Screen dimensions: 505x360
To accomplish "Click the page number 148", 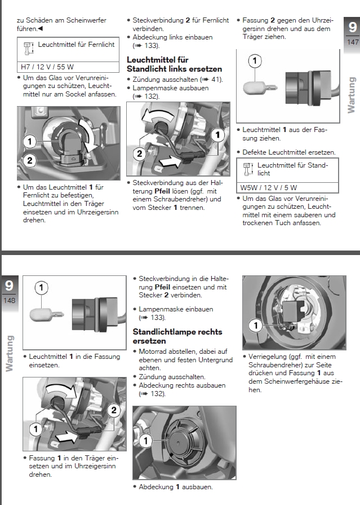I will tap(9, 300).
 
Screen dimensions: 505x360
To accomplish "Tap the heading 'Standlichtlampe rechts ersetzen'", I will tap(177, 336).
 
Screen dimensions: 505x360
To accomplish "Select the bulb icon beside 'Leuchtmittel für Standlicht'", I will tap(247, 168).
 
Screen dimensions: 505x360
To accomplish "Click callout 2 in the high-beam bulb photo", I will tap(30, 160).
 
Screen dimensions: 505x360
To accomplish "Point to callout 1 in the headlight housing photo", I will tap(256, 326).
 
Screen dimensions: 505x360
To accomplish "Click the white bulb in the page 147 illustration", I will tap(256, 89).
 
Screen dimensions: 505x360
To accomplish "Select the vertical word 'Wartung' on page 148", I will tap(9, 353).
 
